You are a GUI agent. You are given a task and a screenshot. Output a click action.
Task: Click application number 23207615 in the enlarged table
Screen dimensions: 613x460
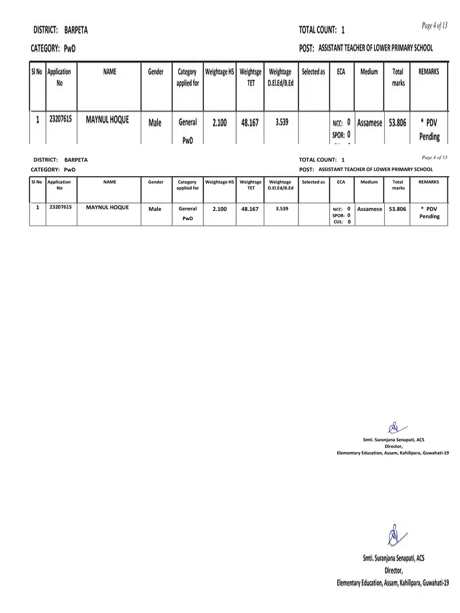pyautogui.click(x=60, y=119)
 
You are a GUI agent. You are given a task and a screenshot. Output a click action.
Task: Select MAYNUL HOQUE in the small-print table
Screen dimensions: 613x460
pyautogui.click(x=107, y=207)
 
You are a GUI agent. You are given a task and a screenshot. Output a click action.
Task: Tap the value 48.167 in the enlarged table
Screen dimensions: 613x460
pyautogui.click(x=250, y=123)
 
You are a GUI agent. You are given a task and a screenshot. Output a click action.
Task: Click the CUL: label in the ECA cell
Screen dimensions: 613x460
pyautogui.click(x=338, y=222)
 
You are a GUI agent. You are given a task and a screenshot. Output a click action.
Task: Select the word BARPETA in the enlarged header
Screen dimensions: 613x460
pyautogui.click(x=76, y=30)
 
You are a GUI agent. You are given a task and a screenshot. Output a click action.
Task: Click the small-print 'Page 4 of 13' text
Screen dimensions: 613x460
pyautogui.click(x=434, y=157)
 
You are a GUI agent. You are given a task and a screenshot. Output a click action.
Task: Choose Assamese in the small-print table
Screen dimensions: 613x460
pyautogui.click(x=370, y=209)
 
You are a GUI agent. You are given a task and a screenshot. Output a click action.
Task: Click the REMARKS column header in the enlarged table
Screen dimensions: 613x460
pyautogui.click(x=428, y=72)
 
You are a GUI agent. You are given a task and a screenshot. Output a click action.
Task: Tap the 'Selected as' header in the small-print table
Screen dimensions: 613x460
pyautogui.click(x=313, y=182)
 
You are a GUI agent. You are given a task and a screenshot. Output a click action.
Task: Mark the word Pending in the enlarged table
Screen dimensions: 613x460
pyautogui.click(x=429, y=136)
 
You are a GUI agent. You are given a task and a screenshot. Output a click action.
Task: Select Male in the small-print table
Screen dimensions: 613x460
pyautogui.click(x=155, y=209)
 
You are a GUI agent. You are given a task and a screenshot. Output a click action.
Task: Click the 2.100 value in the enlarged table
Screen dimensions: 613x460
pyautogui.click(x=219, y=123)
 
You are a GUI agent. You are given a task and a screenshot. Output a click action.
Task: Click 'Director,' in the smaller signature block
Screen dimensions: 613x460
pyautogui.click(x=393, y=446)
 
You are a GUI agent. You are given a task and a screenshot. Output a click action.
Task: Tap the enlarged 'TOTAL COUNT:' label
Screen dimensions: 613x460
pyautogui.click(x=317, y=30)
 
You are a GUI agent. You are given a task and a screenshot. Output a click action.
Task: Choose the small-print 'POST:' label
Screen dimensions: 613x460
pyautogui.click(x=306, y=170)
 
